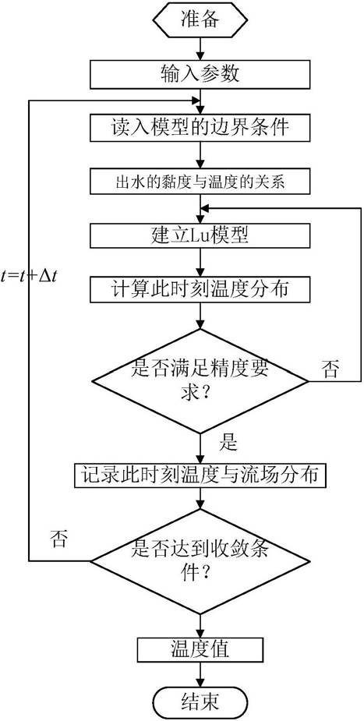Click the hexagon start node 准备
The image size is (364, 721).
(200, 19)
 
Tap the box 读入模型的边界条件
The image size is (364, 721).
(200, 126)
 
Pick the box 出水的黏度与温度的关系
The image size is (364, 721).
(200, 182)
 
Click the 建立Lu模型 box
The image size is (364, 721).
(200, 237)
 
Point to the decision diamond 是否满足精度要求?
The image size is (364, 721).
(200, 380)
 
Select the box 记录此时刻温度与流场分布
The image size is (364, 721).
(200, 475)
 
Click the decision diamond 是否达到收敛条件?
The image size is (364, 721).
(200, 561)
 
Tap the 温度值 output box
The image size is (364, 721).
(200, 651)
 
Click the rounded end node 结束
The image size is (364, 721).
(200, 702)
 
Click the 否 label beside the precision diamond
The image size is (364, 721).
(331, 369)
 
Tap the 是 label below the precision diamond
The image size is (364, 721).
(228, 444)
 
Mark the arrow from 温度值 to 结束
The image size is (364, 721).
(200, 676)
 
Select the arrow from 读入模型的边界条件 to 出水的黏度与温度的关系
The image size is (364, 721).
(200, 154)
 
